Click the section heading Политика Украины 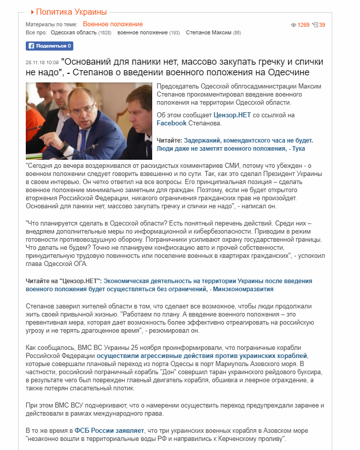click(x=71, y=12)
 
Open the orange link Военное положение click(x=113, y=24)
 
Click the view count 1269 click(x=303, y=25)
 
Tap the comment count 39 click(x=322, y=25)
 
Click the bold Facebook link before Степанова click(x=172, y=123)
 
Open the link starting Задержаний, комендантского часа click(x=248, y=140)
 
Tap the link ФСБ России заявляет click(x=110, y=430)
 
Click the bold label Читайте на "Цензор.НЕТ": click(x=64, y=281)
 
